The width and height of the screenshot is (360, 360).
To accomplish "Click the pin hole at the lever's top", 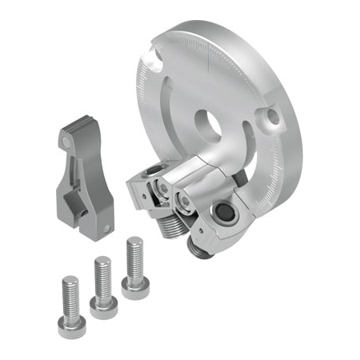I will [65, 142].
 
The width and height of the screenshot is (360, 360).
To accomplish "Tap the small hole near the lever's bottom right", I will [107, 229].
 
